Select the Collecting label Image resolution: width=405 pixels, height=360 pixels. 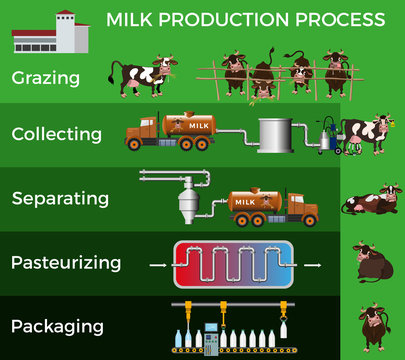56,133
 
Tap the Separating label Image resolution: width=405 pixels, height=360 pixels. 61,197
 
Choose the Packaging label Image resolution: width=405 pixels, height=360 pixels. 57,326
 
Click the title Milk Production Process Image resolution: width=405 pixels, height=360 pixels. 245,20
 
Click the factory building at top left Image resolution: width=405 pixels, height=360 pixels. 50,34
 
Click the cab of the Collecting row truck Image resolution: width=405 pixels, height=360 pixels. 143,130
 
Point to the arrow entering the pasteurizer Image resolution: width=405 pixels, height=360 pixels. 157,266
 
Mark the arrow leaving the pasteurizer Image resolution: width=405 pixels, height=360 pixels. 313,266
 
